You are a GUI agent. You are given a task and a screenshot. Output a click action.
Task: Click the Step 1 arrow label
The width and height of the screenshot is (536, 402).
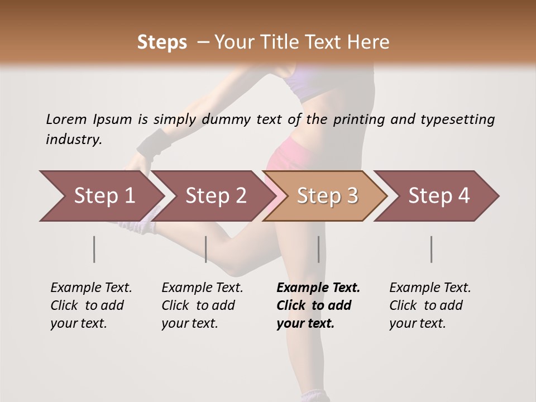tap(104, 196)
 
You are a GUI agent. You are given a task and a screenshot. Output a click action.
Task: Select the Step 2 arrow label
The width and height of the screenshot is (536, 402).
tap(216, 196)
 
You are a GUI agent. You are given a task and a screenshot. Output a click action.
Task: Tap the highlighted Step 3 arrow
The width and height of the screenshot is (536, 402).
tap(327, 196)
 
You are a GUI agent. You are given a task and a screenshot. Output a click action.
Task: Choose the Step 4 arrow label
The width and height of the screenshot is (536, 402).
tap(439, 196)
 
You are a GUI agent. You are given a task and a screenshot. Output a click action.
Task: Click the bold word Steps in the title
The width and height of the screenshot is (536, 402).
tap(162, 42)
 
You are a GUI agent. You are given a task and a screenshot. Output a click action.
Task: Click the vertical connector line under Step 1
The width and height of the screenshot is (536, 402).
tap(94, 249)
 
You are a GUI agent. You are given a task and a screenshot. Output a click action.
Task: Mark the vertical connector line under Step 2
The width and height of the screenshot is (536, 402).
tap(206, 249)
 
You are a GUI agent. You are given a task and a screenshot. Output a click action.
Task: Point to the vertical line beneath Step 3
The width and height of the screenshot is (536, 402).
tap(319, 249)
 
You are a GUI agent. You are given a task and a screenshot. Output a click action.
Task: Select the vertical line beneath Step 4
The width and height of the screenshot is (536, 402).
tap(432, 249)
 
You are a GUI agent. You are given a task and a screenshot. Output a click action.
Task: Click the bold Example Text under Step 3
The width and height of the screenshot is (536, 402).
tap(318, 288)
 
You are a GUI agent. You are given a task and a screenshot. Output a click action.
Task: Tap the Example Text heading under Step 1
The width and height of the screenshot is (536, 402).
tap(91, 288)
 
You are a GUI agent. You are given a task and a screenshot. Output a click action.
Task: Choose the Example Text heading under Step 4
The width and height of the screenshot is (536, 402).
tap(430, 288)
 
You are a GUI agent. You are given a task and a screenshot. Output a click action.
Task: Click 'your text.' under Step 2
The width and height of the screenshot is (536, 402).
tap(189, 323)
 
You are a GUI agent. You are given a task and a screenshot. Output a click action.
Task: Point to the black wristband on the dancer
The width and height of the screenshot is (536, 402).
tap(152, 143)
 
